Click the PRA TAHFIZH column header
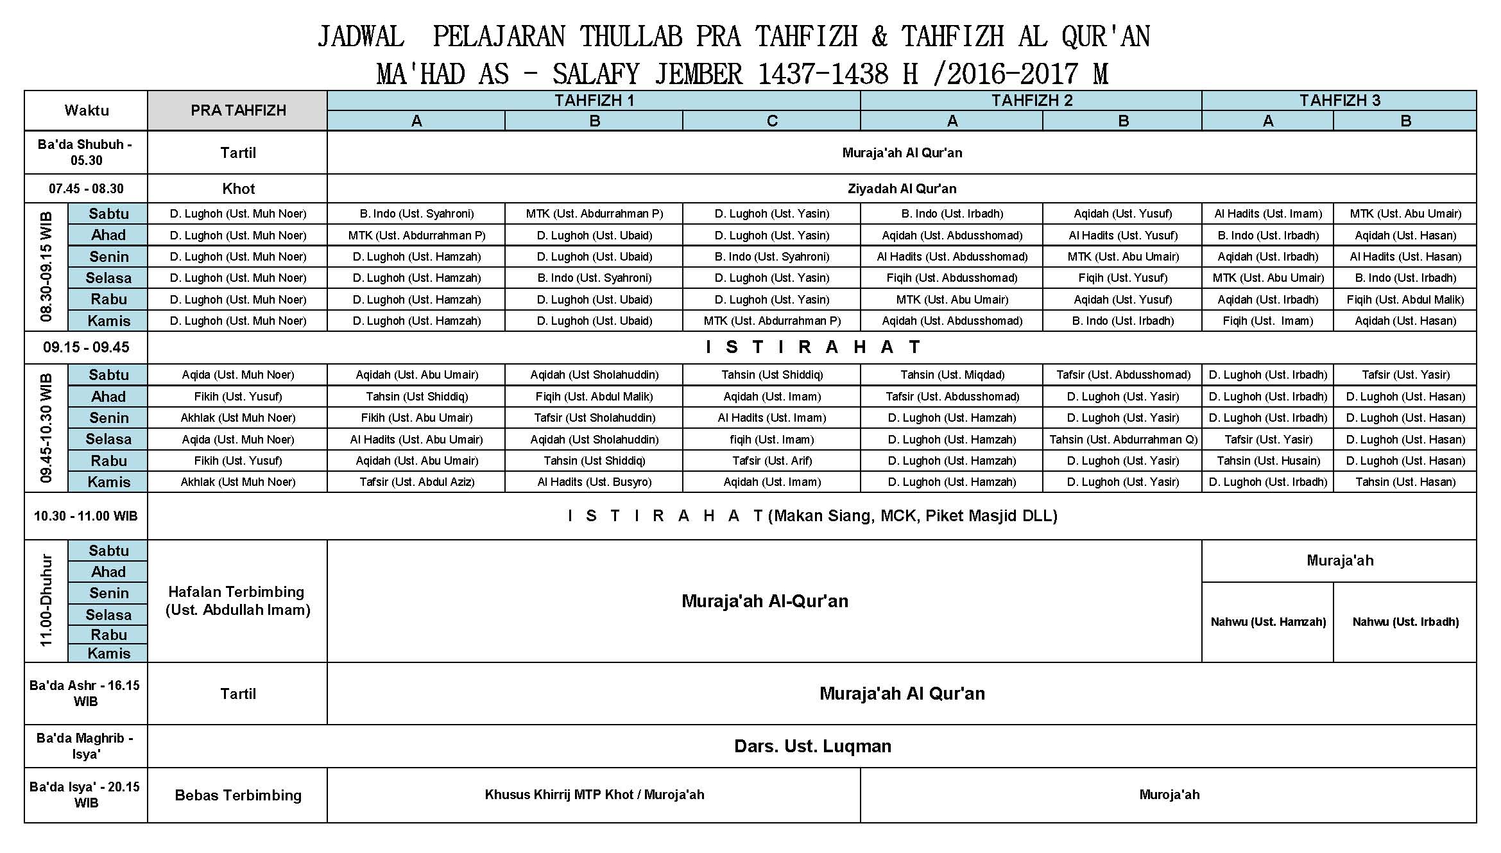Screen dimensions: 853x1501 238,110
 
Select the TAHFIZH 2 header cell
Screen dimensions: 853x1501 1031,101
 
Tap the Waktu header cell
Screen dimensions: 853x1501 87,110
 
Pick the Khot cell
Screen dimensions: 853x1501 238,189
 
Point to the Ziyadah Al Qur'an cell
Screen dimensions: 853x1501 902,189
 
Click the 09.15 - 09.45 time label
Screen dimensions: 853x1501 87,347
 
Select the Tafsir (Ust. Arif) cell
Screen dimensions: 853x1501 772,461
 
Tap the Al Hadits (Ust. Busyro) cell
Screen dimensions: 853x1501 594,482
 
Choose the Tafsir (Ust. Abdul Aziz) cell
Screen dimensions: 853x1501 416,482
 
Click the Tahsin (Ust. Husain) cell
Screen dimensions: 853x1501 1268,461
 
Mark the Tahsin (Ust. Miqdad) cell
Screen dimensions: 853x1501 952,375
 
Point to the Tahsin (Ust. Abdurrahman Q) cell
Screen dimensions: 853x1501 1123,440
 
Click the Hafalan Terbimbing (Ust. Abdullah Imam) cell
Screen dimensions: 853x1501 238,601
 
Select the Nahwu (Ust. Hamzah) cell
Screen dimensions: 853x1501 1268,621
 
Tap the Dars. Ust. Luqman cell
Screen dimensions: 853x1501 812,746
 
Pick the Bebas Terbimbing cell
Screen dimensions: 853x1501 238,795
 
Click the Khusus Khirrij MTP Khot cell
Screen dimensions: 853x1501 594,795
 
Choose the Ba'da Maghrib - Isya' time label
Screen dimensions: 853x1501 85,746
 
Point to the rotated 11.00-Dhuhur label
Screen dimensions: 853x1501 46,601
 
